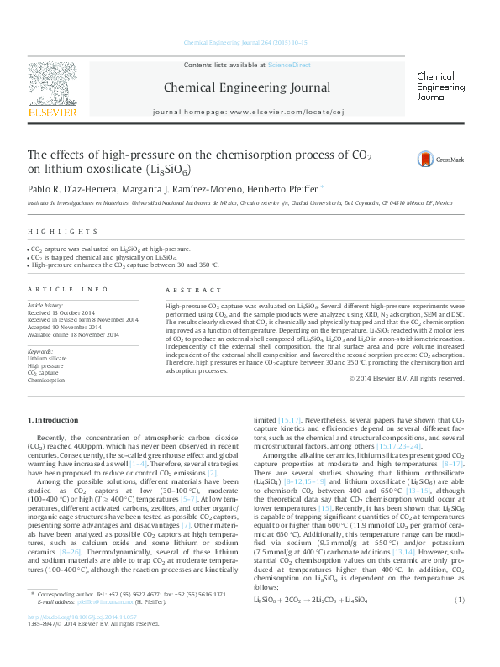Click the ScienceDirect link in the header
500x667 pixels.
click(x=288, y=65)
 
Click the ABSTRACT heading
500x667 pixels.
click(x=187, y=289)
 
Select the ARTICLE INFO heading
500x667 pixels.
click(x=68, y=289)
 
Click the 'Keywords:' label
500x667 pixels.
click(x=41, y=350)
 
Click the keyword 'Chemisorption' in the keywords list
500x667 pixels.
click(x=46, y=381)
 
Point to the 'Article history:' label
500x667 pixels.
click(x=46, y=306)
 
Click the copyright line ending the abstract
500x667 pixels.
click(x=406, y=378)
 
